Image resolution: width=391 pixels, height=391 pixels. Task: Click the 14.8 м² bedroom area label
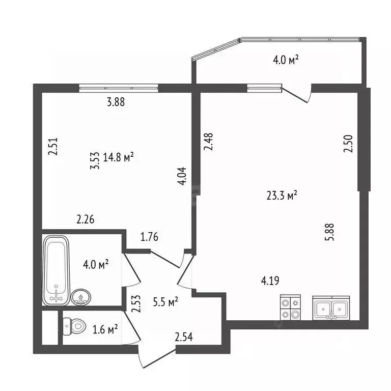(119, 157)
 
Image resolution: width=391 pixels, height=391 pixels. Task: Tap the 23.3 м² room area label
(282, 195)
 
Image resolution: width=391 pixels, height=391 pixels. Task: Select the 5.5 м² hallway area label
(165, 302)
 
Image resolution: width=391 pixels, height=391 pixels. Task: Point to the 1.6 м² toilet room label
(105, 330)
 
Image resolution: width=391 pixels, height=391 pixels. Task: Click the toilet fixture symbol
(74, 326)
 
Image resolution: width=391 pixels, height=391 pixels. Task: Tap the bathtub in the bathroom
(56, 270)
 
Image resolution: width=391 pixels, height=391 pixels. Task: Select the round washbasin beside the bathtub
(81, 297)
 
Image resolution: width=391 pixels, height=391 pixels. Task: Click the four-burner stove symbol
(290, 307)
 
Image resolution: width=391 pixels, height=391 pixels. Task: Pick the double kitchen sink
(331, 308)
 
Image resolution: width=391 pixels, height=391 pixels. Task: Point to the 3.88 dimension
(116, 102)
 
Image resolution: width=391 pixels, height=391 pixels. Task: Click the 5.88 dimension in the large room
(329, 232)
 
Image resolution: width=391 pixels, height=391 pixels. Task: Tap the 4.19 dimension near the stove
(270, 281)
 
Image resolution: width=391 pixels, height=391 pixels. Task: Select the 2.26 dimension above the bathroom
(86, 219)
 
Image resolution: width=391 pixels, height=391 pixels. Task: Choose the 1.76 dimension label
(149, 237)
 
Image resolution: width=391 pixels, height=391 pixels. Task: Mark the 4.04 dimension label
(182, 176)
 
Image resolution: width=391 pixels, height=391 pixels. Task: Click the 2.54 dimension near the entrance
(184, 337)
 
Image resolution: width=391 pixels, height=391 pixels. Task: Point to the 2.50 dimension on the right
(348, 144)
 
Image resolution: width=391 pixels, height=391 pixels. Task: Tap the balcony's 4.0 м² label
(286, 60)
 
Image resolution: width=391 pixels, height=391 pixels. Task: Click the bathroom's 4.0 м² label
(96, 264)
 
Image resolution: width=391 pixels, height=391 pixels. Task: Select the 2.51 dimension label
(53, 146)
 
